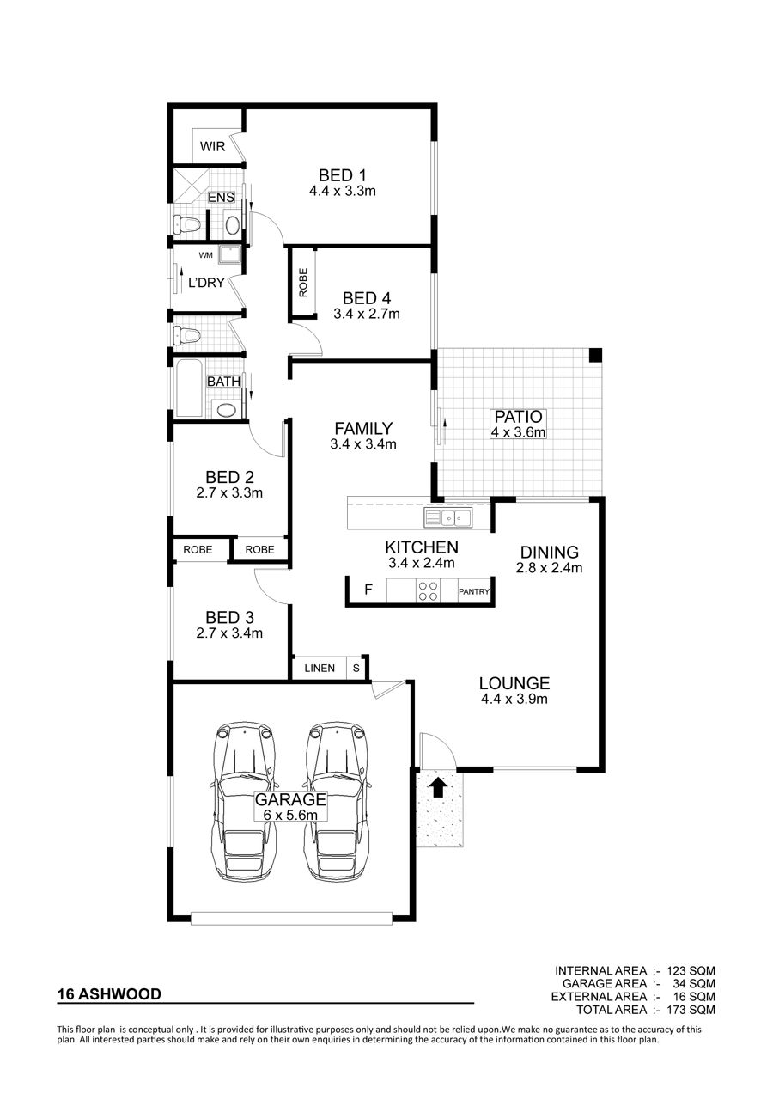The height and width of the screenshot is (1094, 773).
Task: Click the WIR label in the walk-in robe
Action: coord(212,146)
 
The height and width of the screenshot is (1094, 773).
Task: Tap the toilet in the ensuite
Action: coord(187,224)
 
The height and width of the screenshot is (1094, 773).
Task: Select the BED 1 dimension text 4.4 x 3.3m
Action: coord(342,191)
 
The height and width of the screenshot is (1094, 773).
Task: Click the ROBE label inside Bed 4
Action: coord(303,283)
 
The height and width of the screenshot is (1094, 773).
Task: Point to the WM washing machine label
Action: coord(206,255)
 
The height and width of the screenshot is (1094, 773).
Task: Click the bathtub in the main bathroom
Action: coord(189,388)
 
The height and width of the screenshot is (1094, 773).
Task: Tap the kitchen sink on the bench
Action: coord(447,517)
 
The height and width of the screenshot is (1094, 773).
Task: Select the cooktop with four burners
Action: coord(428,590)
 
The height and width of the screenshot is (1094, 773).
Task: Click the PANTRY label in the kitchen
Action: coord(474,591)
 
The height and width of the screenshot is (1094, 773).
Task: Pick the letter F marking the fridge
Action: coord(368,590)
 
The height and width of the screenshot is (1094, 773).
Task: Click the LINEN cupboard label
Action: coord(320,668)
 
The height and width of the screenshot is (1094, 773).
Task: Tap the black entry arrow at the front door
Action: coord(438,787)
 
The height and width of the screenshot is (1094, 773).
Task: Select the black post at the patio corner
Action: coord(595,355)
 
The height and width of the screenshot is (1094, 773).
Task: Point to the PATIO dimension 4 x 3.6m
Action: coord(518,432)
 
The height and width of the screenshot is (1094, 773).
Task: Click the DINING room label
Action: coord(550,552)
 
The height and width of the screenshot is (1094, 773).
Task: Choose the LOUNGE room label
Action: coord(514,682)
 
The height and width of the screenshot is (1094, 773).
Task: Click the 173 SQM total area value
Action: coord(693,1010)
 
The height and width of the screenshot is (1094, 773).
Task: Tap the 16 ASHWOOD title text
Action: coord(109,993)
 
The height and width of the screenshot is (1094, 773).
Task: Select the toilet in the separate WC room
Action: coord(187,335)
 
